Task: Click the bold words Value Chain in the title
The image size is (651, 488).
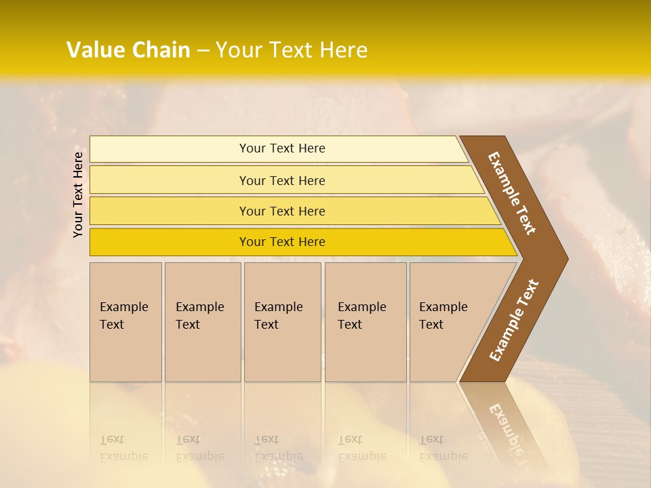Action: (x=128, y=50)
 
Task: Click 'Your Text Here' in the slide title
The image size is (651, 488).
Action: (x=292, y=50)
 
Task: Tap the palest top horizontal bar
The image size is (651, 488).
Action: (x=170, y=149)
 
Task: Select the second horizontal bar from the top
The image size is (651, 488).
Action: (x=170, y=180)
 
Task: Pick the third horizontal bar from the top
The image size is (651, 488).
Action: (x=170, y=211)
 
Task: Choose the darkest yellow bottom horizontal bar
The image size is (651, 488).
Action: (x=170, y=242)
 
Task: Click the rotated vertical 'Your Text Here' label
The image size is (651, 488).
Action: (x=78, y=195)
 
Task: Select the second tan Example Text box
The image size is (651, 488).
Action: (x=202, y=322)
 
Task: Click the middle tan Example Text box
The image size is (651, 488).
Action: (x=282, y=322)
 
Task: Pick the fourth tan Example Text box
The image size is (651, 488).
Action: (x=365, y=322)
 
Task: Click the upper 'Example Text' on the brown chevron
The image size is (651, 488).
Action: (x=513, y=193)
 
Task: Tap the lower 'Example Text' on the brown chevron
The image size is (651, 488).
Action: (x=514, y=320)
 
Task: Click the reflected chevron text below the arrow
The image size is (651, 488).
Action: (x=505, y=427)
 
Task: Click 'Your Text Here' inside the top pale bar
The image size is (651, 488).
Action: (x=282, y=148)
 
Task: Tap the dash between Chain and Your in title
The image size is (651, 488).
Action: (x=203, y=51)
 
